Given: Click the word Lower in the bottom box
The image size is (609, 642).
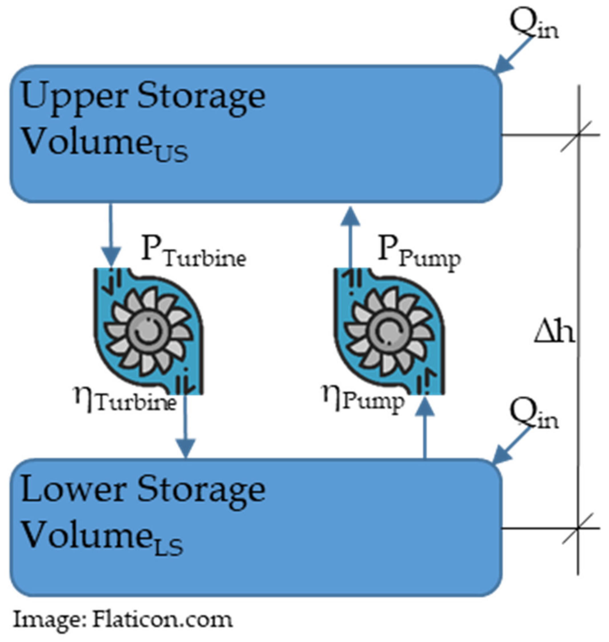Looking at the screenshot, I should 73,491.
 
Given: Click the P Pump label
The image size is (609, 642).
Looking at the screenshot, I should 419,253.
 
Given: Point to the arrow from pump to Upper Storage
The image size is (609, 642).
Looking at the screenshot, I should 350,237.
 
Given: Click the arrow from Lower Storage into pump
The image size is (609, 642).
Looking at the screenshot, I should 424,428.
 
